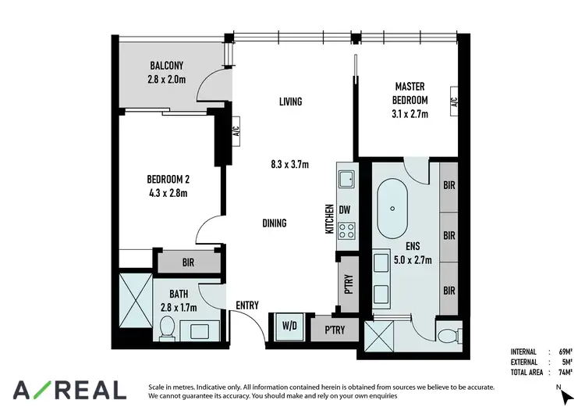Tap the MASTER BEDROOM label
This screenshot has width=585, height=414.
[x=410, y=94]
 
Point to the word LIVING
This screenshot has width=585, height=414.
[x=290, y=102]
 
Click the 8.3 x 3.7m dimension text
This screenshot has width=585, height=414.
[x=289, y=164]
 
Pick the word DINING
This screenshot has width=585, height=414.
[x=274, y=223]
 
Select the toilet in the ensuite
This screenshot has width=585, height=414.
[x=448, y=337]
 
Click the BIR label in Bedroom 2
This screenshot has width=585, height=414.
[x=188, y=263]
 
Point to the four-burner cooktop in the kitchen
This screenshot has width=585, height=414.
[x=346, y=230]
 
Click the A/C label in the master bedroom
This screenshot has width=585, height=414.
[x=453, y=102]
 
